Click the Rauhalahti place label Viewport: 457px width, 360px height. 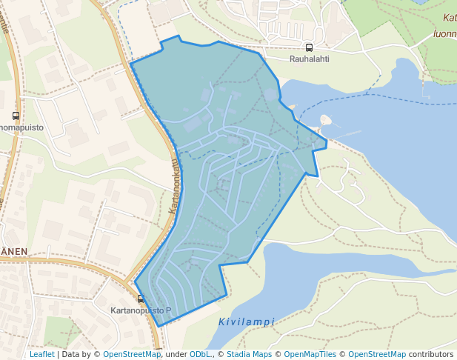coord(309,58)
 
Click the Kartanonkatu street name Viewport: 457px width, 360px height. coord(175,187)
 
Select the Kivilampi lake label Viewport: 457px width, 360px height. coord(247,322)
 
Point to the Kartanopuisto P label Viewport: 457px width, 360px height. coord(140,310)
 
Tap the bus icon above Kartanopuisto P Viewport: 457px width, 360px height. coord(141,299)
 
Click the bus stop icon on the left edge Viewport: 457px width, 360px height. coord(16,116)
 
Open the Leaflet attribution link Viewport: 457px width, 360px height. coord(41,355)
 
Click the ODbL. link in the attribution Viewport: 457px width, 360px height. coord(201,355)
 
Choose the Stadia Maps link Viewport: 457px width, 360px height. coord(249,355)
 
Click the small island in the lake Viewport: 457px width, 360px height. coord(325,120)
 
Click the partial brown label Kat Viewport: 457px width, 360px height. coord(449,18)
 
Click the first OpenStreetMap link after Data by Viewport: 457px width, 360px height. coord(131,355)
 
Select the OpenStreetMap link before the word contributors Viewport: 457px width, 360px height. coord(376,355)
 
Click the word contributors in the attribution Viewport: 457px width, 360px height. coord(431,355)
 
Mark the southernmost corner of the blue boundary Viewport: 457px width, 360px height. coord(159,326)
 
